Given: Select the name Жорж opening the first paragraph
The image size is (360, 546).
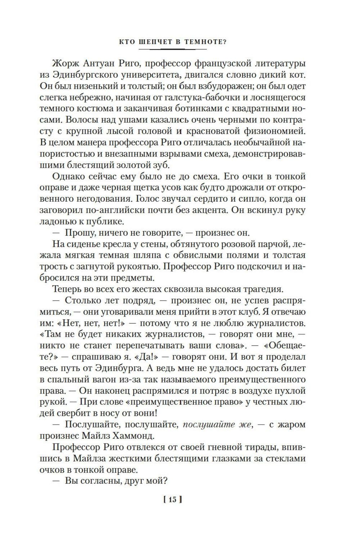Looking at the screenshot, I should (65, 64).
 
